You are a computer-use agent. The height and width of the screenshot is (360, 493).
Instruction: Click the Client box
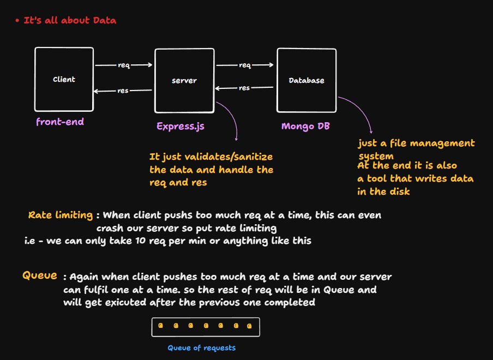coord(64,80)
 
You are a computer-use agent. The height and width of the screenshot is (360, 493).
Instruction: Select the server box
coord(184,81)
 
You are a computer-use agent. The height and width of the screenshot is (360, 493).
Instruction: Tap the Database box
coord(306,80)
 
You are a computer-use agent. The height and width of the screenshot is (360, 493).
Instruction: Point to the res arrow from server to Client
coord(123,91)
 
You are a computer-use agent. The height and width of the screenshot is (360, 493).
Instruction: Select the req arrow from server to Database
coord(245,65)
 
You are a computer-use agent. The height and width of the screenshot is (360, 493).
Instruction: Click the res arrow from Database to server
coord(244,87)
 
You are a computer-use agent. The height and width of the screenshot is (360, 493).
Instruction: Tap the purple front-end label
coord(60,122)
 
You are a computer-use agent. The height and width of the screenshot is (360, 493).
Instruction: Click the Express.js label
coord(181,127)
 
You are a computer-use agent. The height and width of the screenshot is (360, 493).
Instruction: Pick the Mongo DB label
coord(305,126)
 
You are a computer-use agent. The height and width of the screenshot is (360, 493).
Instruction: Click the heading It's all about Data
coord(70,21)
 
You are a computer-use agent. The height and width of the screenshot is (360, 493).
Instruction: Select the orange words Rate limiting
coord(60,215)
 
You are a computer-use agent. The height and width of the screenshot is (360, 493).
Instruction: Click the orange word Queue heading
coord(39,275)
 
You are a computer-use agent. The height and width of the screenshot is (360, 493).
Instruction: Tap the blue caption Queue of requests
coord(202,347)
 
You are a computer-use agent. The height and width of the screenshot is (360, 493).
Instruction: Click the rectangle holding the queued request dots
coord(206,327)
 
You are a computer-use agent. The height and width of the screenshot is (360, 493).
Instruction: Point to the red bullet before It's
coord(17,21)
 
